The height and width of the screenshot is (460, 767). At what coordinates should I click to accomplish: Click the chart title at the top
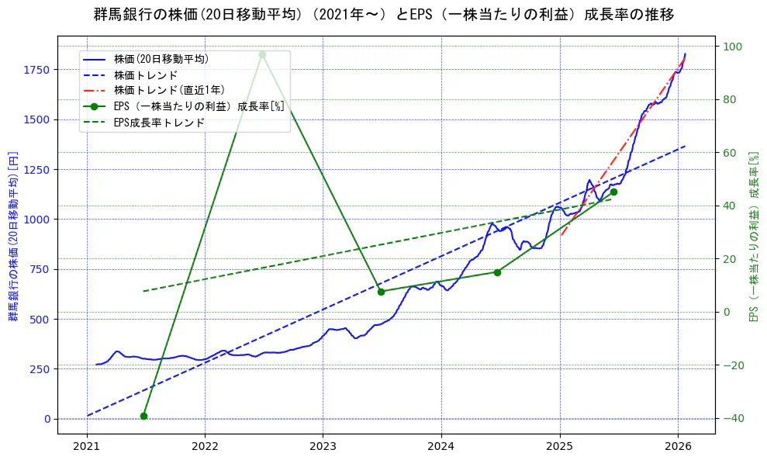383,15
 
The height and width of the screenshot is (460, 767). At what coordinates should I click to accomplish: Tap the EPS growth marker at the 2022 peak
262,54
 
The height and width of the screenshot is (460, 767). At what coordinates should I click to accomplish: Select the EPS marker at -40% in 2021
143,416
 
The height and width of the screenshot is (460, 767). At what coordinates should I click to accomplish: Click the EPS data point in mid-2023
381,292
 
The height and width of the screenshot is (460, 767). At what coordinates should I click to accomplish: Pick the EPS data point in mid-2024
497,272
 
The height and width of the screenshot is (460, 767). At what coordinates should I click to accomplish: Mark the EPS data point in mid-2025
613,192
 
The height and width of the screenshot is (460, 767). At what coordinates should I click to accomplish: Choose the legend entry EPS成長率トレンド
159,122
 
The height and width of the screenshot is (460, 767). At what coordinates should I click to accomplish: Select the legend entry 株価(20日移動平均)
161,58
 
